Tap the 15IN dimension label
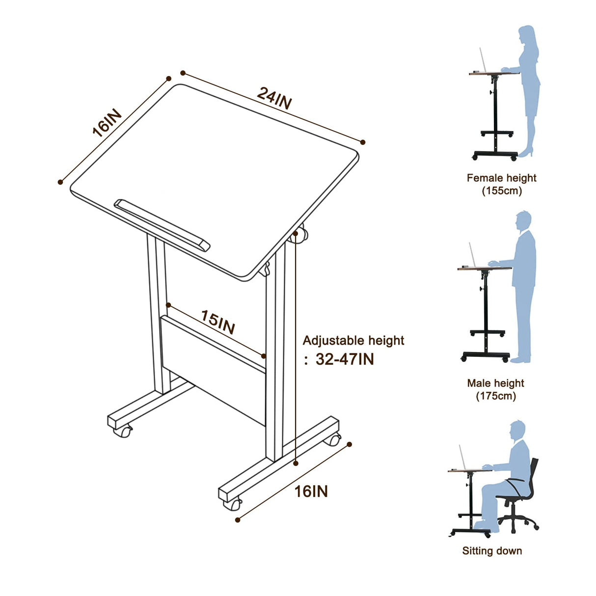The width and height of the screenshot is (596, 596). [x=218, y=322]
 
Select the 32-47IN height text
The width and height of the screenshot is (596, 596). [x=345, y=359]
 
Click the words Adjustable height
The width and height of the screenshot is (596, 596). [x=353, y=340]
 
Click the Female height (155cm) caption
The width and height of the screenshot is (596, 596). [x=501, y=184]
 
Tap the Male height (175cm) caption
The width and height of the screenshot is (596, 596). [x=496, y=389]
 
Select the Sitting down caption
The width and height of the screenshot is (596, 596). [x=492, y=551]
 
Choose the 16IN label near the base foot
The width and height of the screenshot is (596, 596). [x=311, y=491]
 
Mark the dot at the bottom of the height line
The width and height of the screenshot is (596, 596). [x=296, y=462]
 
